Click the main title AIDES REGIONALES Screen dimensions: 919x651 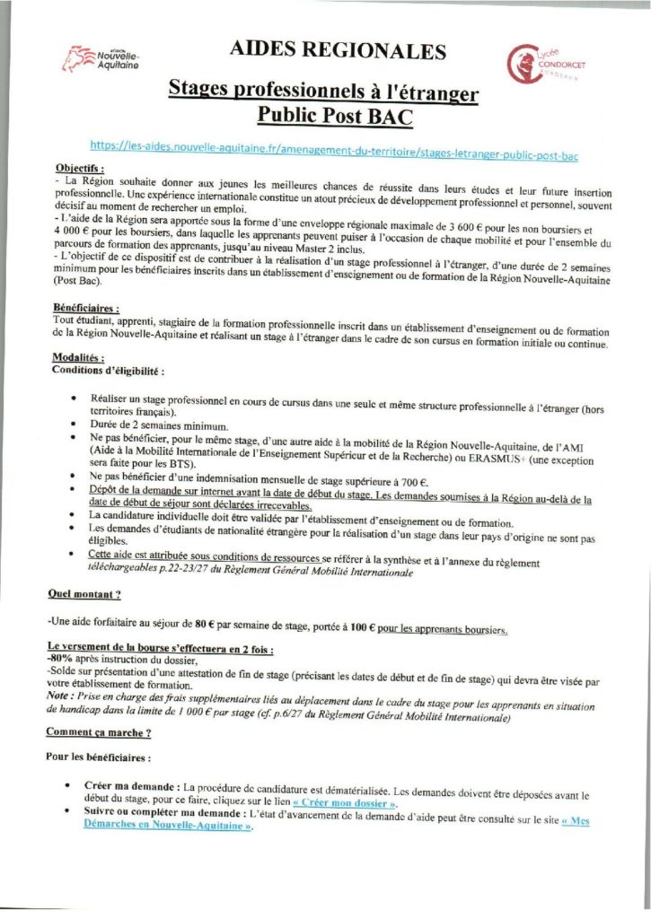coord(338,52)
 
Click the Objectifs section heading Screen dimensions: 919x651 coord(80,168)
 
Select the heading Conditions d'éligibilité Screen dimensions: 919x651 coord(110,369)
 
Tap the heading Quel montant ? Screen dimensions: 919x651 coord(86,594)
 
